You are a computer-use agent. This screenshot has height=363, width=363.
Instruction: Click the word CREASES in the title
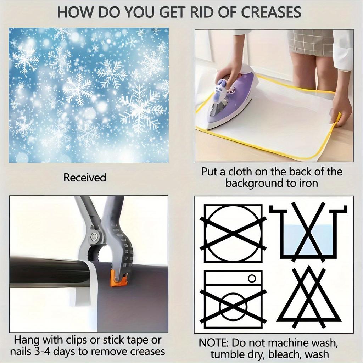(271, 12)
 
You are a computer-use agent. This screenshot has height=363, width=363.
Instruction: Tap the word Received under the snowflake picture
(85, 178)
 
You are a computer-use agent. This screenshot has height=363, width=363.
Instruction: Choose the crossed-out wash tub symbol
(308, 231)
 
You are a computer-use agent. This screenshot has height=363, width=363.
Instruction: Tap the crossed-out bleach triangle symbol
(309, 298)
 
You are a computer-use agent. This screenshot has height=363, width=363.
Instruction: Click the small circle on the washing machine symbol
(252, 278)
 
